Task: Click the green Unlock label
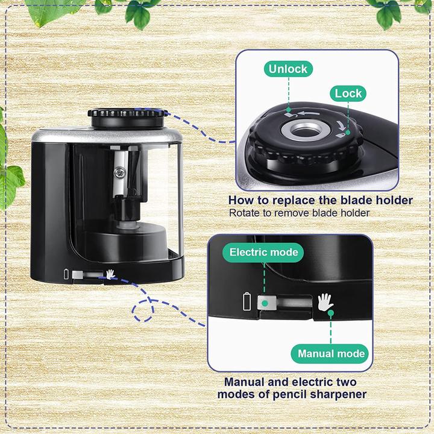pos(288,69)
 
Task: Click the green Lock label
pos(348,93)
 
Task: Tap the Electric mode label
pos(263,252)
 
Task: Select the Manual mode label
pos(330,353)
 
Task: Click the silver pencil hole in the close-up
pos(306,130)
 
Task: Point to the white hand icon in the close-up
pos(325,302)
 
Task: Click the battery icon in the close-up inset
pos(247,301)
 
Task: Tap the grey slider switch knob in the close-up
pos(267,303)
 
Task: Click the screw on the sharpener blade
pos(119,173)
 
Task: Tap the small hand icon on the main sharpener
pos(111,274)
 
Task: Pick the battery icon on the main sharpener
pos(66,274)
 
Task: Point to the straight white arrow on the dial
pos(309,113)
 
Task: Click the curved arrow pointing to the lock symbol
pos(341,125)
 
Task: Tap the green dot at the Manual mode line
pos(331,313)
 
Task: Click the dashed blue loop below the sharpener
pos(143,310)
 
